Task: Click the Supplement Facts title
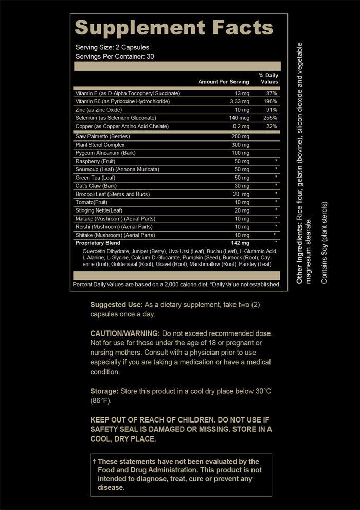click(x=174, y=28)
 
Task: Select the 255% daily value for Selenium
click(x=271, y=118)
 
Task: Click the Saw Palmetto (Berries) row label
click(x=102, y=136)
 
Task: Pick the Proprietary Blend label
click(x=98, y=243)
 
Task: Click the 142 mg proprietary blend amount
click(x=239, y=243)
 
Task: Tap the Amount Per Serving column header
click(x=223, y=82)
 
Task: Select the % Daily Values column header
click(x=268, y=78)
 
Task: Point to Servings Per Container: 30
click(x=115, y=56)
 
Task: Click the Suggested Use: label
click(x=116, y=305)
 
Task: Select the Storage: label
click(x=105, y=391)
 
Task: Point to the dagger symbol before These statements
click(x=94, y=461)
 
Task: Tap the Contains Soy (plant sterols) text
click(x=324, y=242)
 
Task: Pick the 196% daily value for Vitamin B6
click(x=271, y=101)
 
